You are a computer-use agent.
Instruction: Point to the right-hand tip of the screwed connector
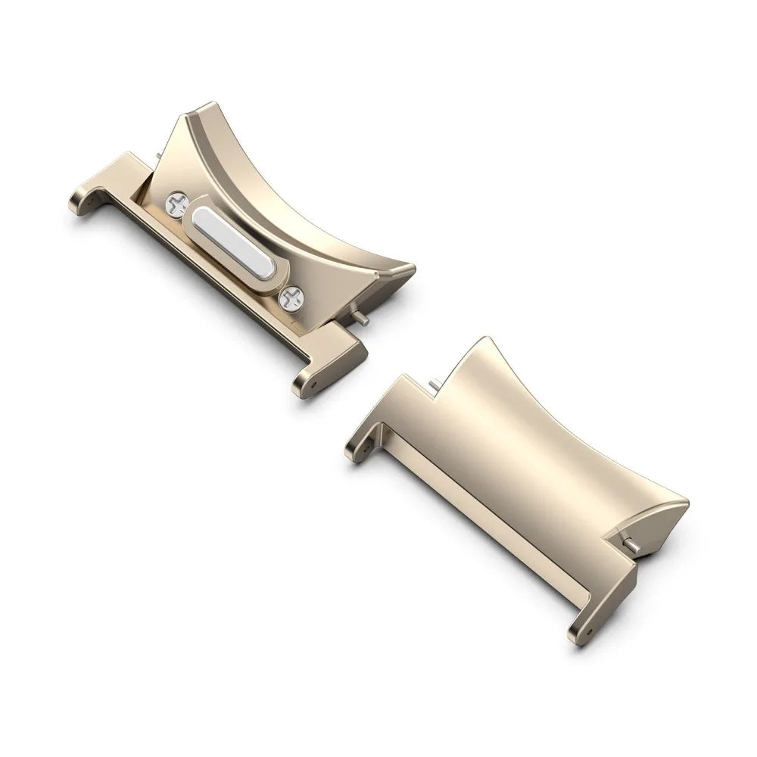coord(413,268)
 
